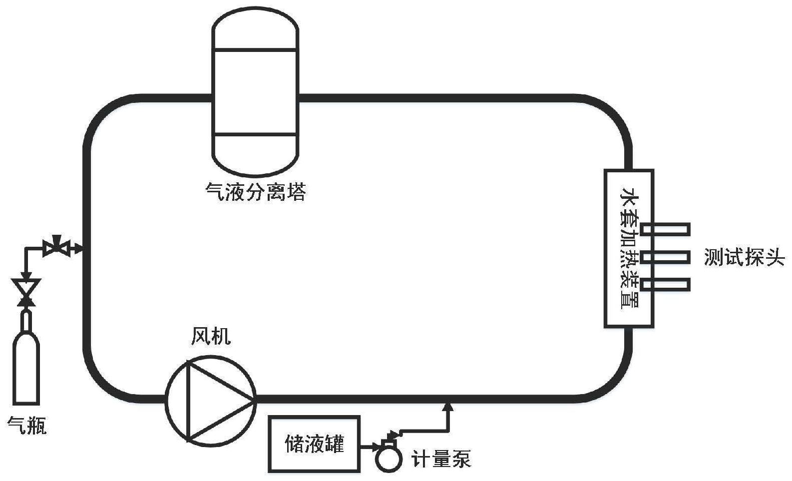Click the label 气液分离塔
(x=256, y=191)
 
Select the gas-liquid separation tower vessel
(x=255, y=92)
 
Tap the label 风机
(x=211, y=337)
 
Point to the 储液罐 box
(x=314, y=443)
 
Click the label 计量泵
(x=440, y=459)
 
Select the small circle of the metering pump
(x=389, y=459)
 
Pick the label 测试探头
(x=744, y=257)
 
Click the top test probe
(x=665, y=229)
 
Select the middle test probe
(x=665, y=258)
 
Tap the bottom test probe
(x=665, y=285)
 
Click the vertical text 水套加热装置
(x=628, y=248)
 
